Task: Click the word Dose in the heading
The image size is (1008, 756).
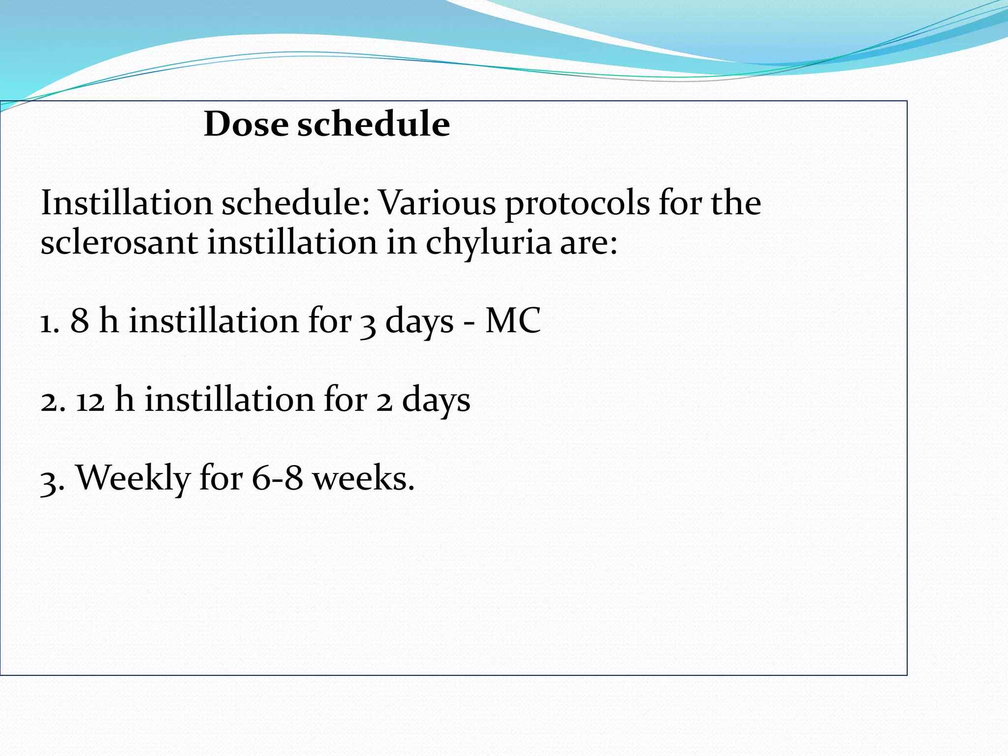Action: pyautogui.click(x=245, y=124)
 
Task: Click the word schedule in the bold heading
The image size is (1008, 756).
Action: pyautogui.click(x=373, y=124)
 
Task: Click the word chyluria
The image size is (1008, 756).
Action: pyautogui.click(x=488, y=243)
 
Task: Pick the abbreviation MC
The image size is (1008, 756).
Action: pyautogui.click(x=512, y=321)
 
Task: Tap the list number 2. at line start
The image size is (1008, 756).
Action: pyautogui.click(x=53, y=401)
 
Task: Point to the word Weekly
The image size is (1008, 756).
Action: pyautogui.click(x=133, y=478)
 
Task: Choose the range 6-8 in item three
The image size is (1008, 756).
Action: pyautogui.click(x=277, y=478)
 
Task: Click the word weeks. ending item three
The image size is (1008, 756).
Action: pyautogui.click(x=364, y=478)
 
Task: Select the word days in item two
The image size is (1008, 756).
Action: pyautogui.click(x=436, y=401)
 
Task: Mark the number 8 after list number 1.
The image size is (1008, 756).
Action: pyautogui.click(x=80, y=321)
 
